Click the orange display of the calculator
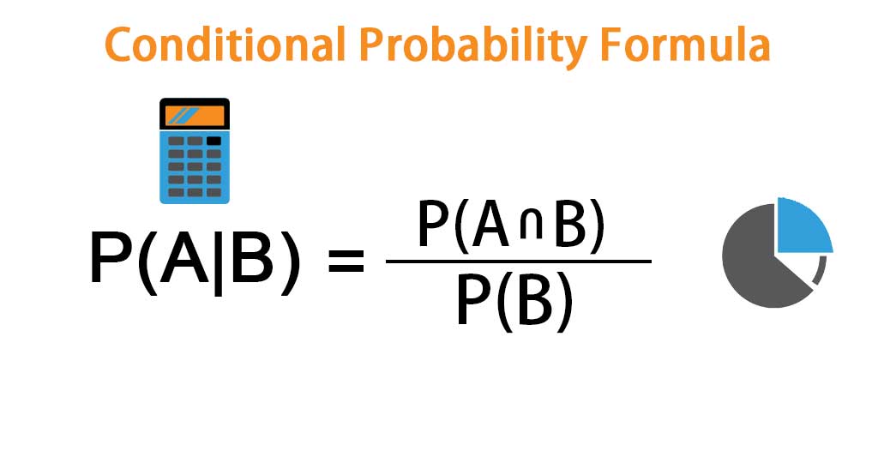[195, 115]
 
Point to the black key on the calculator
[213, 141]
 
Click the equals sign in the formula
[346, 262]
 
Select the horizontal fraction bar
[519, 262]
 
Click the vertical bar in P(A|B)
[217, 262]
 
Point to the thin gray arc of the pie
[821, 272]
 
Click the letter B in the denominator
[535, 303]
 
